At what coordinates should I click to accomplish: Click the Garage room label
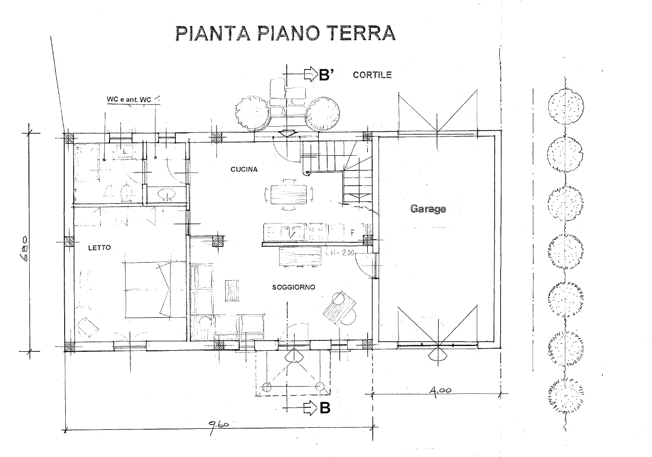(428, 209)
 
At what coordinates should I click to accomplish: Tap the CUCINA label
(244, 169)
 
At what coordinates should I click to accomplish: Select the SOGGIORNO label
(293, 287)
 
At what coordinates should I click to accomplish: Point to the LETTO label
(100, 248)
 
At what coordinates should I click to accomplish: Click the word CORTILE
(372, 75)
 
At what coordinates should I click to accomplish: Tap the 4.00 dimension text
(440, 390)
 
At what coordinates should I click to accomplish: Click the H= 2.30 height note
(341, 253)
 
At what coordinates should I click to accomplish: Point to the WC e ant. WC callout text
(129, 100)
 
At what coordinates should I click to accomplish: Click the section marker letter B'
(326, 75)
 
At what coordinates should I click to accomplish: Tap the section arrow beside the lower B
(311, 408)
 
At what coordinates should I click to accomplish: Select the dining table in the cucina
(289, 194)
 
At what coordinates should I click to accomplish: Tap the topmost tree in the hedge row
(565, 105)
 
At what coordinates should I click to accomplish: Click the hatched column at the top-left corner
(69, 138)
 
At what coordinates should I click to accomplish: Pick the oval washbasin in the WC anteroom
(166, 194)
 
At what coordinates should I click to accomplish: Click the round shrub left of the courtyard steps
(252, 114)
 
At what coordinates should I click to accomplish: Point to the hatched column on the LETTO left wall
(69, 241)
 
